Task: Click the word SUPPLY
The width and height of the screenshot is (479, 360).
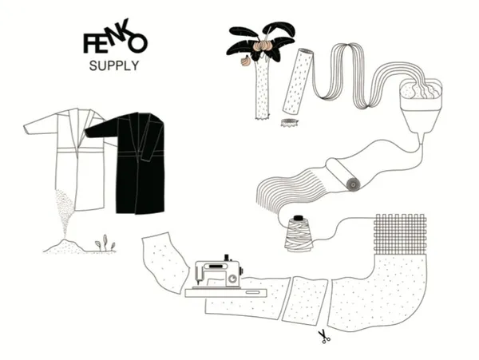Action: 114,66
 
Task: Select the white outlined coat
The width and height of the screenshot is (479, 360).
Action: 70,152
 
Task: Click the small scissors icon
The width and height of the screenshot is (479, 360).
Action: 324,337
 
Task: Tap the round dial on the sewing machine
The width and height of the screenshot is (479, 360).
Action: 233,279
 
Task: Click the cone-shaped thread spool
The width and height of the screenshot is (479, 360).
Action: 299,235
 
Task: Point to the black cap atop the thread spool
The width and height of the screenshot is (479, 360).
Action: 298,218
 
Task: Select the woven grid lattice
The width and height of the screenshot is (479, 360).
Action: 400,234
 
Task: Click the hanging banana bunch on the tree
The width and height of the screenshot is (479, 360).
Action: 245,61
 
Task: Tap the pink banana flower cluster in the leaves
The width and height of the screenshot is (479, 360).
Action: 263,46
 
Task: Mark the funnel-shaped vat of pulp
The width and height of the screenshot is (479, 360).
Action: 421,105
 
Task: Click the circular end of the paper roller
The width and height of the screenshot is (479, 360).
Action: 354,184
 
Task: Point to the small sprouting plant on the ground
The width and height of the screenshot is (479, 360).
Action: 105,243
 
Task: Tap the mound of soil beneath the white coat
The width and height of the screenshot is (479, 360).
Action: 65,247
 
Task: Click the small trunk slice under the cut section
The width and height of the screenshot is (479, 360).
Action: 289,123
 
